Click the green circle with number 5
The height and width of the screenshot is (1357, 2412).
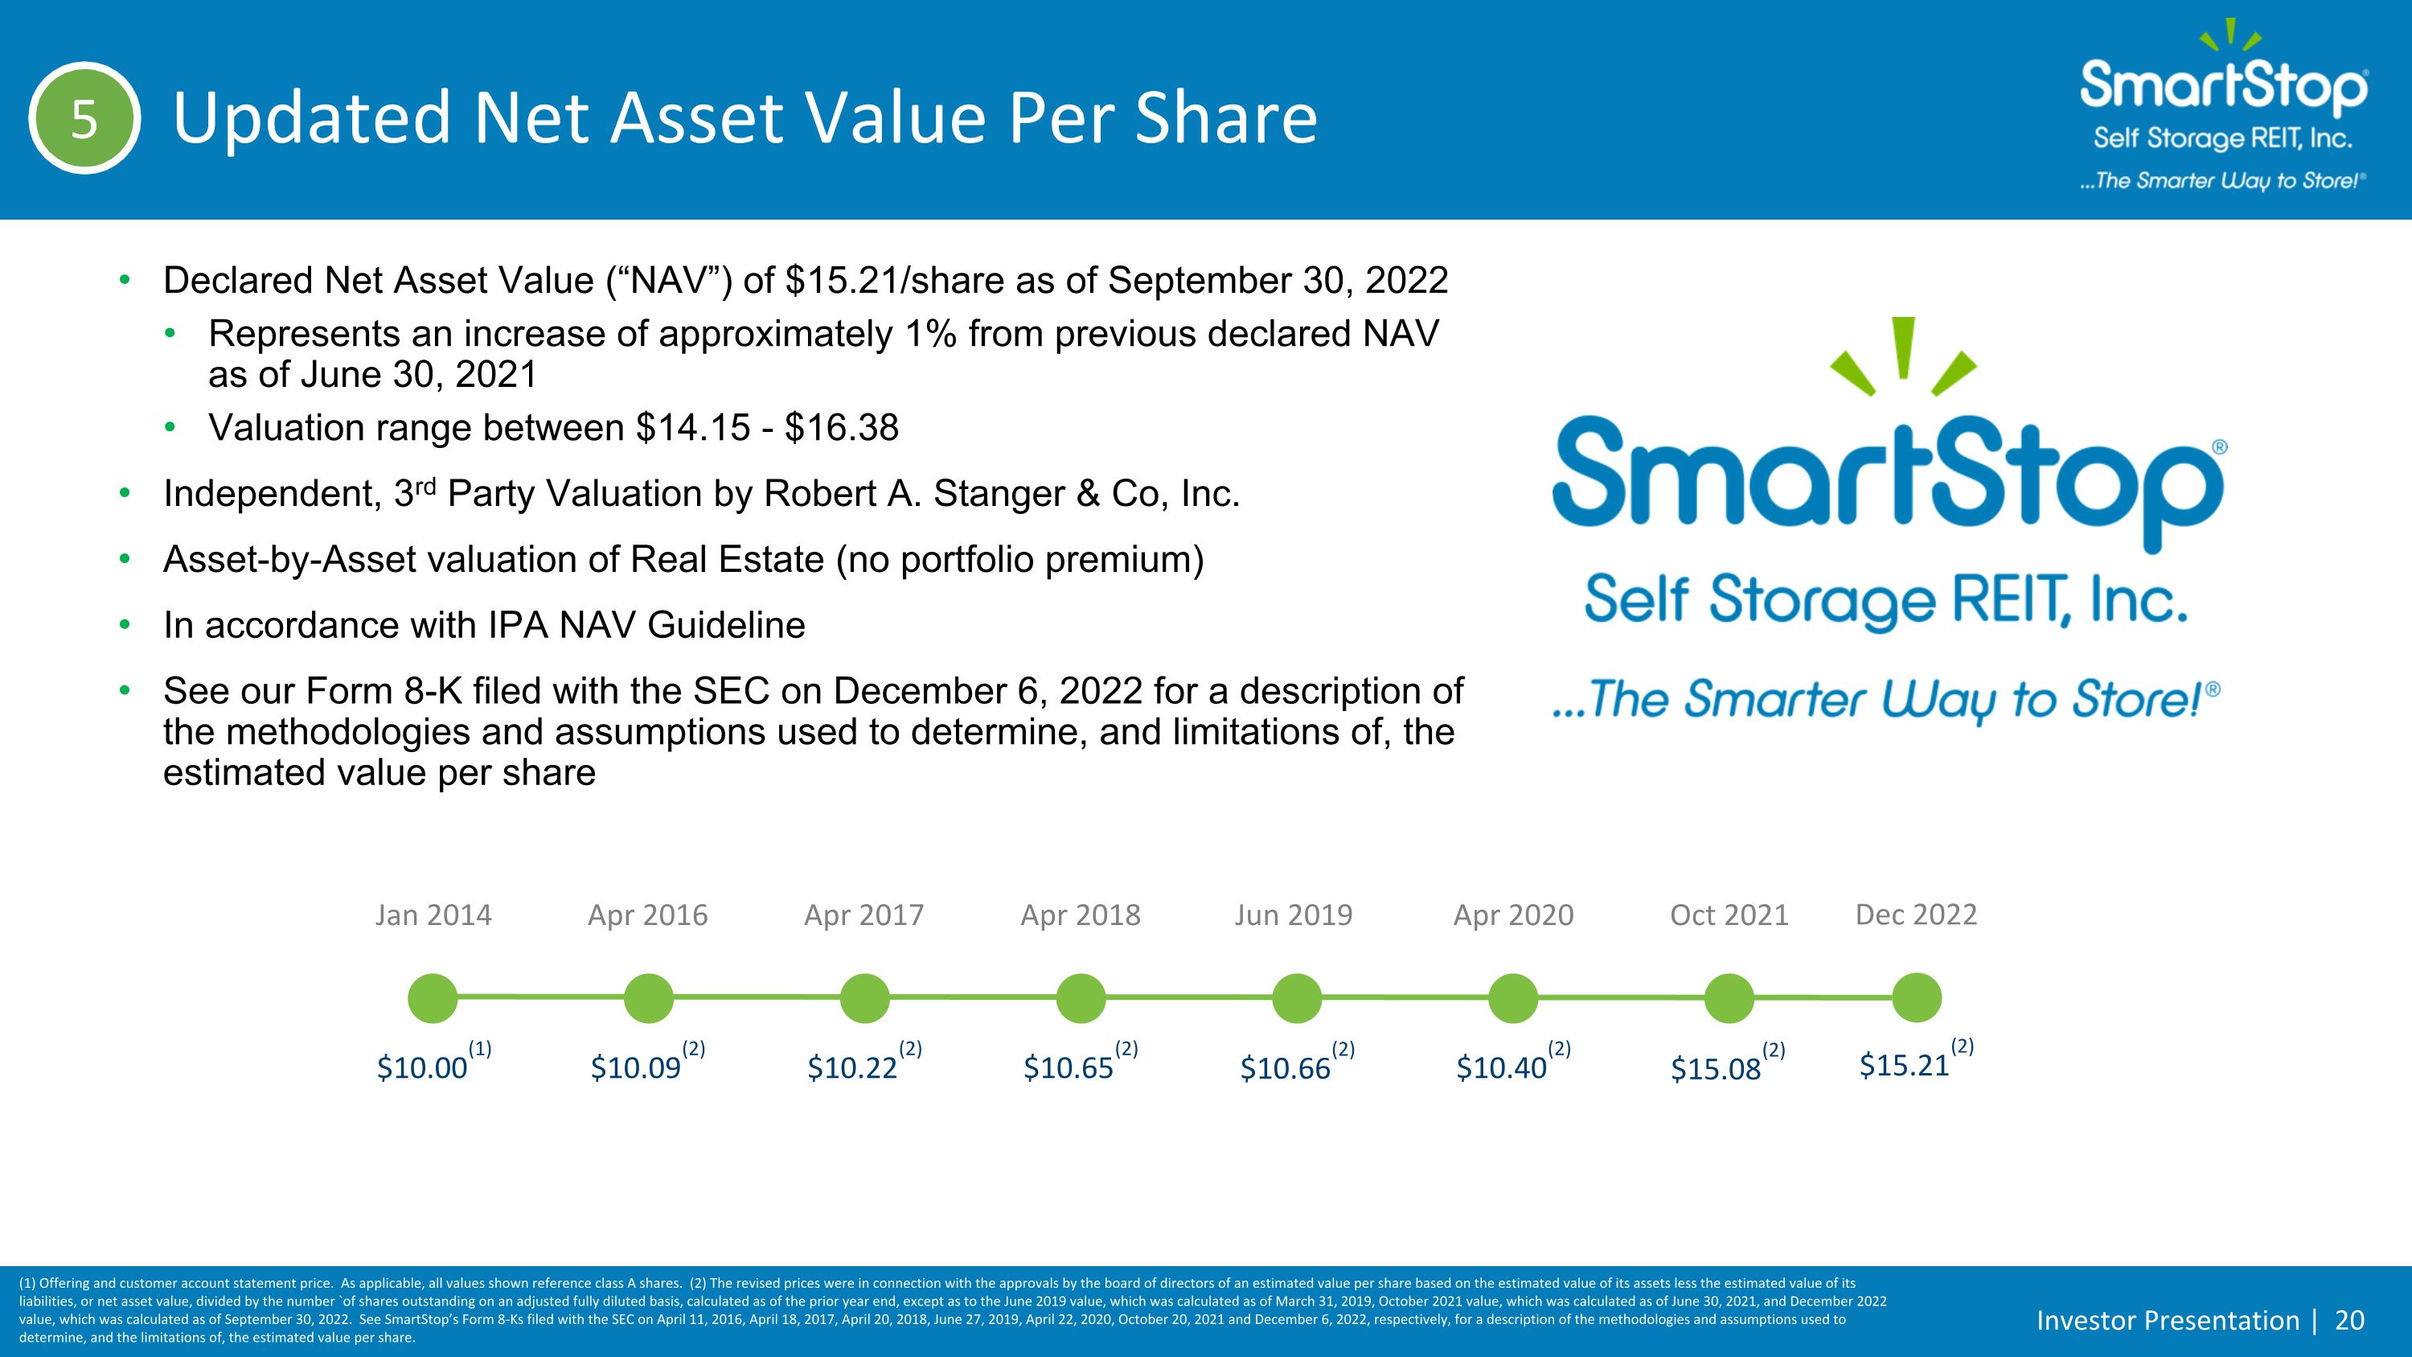coord(84,119)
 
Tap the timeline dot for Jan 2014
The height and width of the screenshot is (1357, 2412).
coord(433,997)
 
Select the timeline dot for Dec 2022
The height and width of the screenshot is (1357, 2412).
coord(1917,997)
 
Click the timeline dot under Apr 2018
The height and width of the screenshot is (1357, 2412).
coord(1081,997)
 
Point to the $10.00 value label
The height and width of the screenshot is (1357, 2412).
coord(422,1067)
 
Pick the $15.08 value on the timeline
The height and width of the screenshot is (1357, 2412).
coord(1717,1068)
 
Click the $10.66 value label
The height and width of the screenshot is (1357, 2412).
coord(1286,1068)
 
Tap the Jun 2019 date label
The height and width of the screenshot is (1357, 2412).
coord(1293,915)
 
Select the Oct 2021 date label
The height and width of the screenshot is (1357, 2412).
coord(1729,915)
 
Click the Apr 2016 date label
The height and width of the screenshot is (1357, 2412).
coord(648,915)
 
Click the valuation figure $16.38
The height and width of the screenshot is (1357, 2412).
coord(842,428)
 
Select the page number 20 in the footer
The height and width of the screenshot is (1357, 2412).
coord(2350,1321)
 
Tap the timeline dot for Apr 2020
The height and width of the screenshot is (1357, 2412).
coord(1513,997)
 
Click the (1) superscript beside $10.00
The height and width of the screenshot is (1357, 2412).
coord(479,1049)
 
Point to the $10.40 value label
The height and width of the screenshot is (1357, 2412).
coord(1502,1067)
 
